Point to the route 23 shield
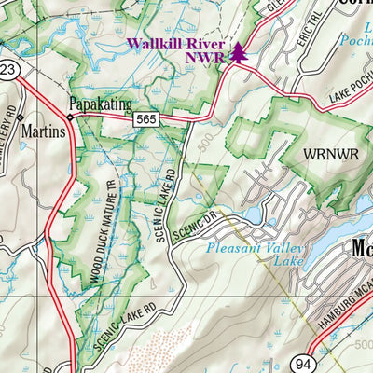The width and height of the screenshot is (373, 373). pyautogui.click(x=7, y=70)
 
